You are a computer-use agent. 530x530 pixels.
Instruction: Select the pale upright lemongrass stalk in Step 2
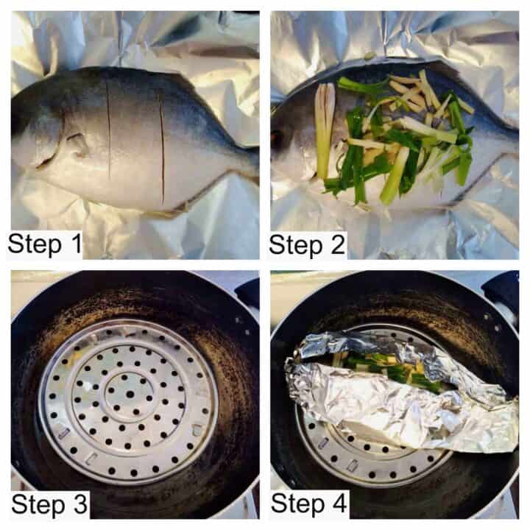pos(323,129)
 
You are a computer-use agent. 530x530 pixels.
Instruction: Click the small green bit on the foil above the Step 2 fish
pos(368,55)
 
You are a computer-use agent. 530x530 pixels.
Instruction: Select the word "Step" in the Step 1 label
pos(37,243)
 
